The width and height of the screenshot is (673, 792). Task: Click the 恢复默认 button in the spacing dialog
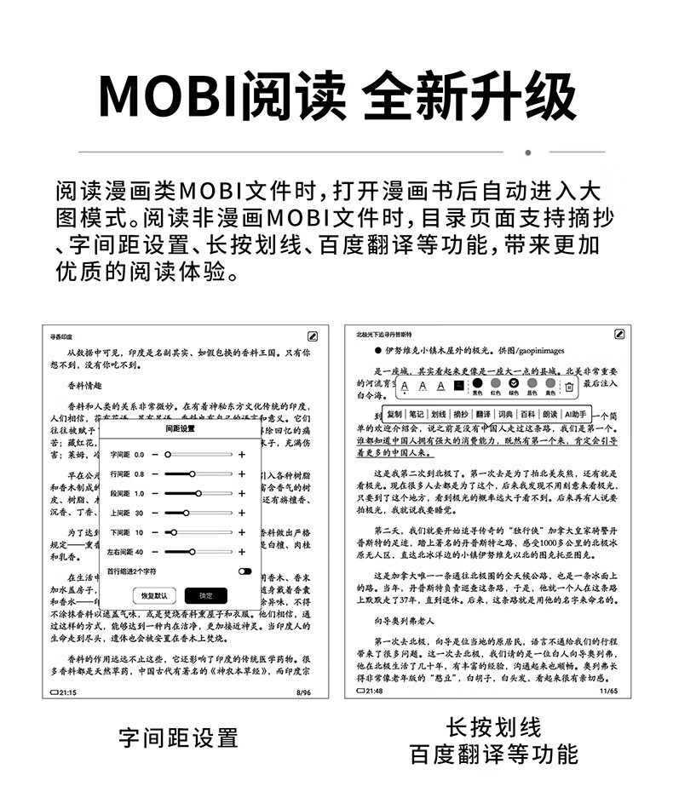pyautogui.click(x=154, y=595)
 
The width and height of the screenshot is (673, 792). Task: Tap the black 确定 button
pyautogui.click(x=206, y=595)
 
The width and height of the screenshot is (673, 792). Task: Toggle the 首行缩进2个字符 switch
pyautogui.click(x=244, y=571)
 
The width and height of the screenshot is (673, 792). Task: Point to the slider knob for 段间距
pyautogui.click(x=198, y=493)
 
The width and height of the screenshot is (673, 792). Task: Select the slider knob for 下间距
pyautogui.click(x=174, y=532)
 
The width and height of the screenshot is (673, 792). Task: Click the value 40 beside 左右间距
pyautogui.click(x=139, y=552)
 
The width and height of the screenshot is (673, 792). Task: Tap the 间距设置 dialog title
pyautogui.click(x=180, y=430)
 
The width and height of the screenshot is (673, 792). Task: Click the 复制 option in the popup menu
pyautogui.click(x=394, y=415)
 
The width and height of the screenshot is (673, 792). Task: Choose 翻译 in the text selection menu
pyautogui.click(x=483, y=415)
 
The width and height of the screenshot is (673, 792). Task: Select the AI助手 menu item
pyautogui.click(x=576, y=415)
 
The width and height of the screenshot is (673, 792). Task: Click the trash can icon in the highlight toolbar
pyautogui.click(x=569, y=387)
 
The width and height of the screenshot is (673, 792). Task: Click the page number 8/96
pyautogui.click(x=302, y=693)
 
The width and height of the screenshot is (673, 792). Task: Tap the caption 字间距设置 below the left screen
pyautogui.click(x=179, y=737)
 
